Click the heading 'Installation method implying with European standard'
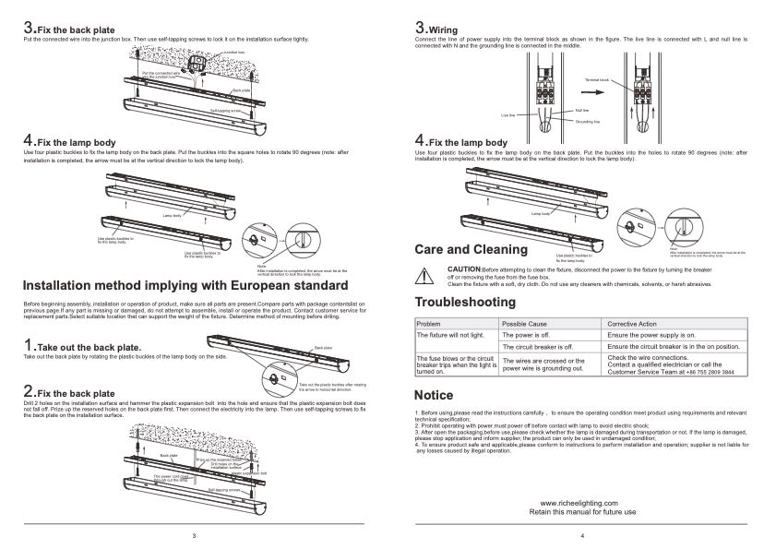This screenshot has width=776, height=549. (185, 284)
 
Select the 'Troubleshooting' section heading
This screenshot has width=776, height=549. (465, 303)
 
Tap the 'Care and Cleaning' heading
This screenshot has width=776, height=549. (471, 249)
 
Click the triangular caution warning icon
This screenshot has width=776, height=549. (425, 274)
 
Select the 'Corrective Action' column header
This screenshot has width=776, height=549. (632, 324)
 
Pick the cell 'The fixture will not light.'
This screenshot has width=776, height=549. (451, 335)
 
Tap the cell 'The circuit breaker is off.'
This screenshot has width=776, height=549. (537, 347)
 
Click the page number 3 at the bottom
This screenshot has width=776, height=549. (193, 535)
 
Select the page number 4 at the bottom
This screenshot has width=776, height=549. (582, 535)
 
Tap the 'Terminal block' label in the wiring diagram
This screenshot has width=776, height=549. (596, 80)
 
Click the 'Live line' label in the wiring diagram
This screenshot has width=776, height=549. (507, 115)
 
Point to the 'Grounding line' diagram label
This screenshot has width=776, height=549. (588, 121)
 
